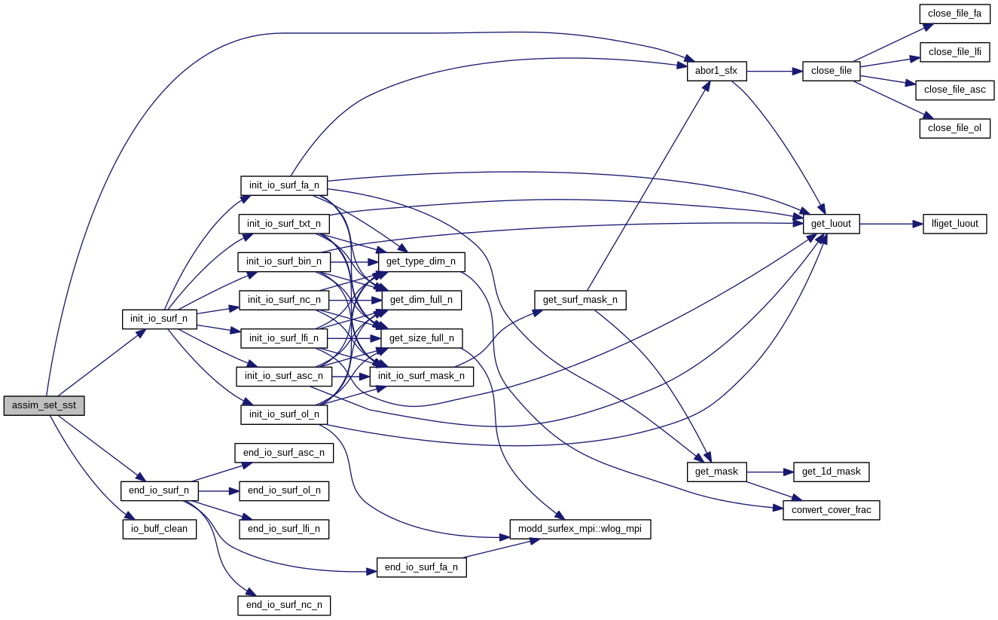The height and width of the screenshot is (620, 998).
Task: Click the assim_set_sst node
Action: coord(44,405)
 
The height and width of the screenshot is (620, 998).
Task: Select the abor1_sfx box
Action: coord(716,72)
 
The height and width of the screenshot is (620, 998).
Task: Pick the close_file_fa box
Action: coord(954,14)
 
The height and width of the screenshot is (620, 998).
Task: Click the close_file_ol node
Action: coord(954,128)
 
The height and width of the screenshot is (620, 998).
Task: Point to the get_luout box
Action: coord(831,224)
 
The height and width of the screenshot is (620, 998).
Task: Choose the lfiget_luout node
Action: coord(954,224)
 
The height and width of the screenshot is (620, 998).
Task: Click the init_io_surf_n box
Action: coord(159,319)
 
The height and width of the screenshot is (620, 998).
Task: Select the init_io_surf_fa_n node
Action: coord(284,185)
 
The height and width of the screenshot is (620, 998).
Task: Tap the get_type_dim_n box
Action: coord(421,261)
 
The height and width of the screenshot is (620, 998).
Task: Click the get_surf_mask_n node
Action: coord(580,300)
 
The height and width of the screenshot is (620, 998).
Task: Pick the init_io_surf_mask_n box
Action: coord(421,376)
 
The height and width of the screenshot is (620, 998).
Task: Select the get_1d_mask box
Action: coord(831,472)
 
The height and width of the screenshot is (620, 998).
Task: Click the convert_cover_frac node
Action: coord(831,510)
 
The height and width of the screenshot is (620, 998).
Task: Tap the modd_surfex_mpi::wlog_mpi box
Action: coord(580,529)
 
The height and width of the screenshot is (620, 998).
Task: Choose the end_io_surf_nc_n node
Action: coord(284,605)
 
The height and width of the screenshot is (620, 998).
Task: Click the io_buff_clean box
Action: coord(159,529)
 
